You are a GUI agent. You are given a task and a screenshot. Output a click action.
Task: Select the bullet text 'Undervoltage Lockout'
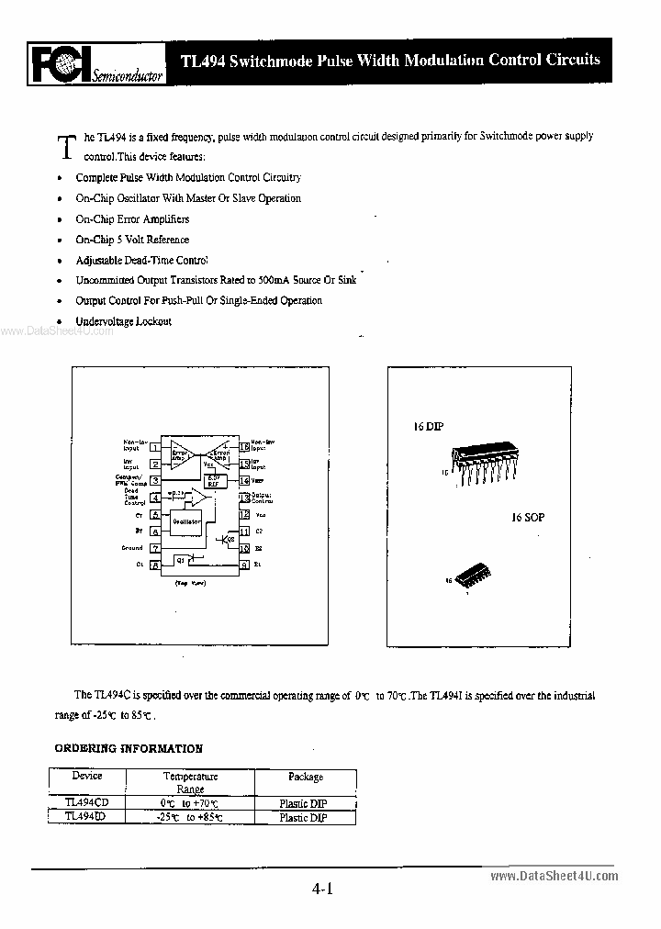123,321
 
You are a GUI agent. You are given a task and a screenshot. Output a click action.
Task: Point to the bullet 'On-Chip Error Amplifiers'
132,219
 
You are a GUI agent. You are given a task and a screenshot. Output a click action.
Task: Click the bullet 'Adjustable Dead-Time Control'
141,260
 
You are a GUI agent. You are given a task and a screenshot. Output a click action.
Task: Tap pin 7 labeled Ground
155,548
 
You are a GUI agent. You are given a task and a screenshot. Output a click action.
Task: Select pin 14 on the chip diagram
244,480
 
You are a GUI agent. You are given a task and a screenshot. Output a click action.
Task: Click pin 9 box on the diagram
244,565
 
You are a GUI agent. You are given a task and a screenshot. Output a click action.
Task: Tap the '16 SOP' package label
528,518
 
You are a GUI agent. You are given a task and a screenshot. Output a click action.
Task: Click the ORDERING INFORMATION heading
129,748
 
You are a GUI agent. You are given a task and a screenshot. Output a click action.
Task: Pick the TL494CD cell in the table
87,801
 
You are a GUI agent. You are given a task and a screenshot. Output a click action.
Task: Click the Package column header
306,777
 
